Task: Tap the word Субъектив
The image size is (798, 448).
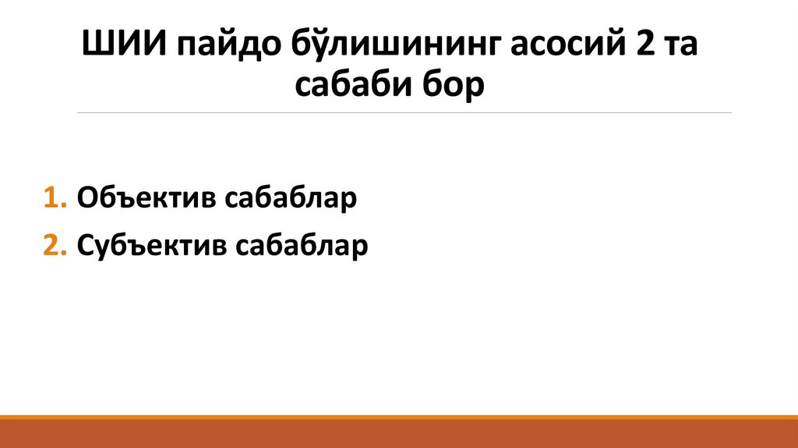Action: tap(150, 246)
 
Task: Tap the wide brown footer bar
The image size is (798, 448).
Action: tap(399, 434)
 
